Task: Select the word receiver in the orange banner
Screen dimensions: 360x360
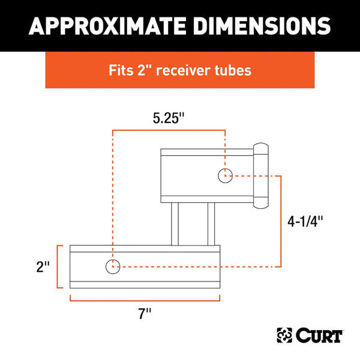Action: pyautogui.click(x=190, y=70)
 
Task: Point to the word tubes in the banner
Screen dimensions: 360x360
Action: pyautogui.click(x=235, y=70)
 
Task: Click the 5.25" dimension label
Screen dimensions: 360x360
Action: pyautogui.click(x=168, y=118)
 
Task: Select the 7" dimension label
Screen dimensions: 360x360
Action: pyautogui.click(x=144, y=313)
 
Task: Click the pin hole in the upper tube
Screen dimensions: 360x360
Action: pyautogui.click(x=224, y=176)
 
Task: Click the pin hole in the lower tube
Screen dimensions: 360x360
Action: pyautogui.click(x=112, y=267)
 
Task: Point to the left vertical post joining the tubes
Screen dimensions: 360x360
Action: pyautogui.click(x=175, y=223)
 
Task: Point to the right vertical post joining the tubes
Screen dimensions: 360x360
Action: pyautogui.click(x=211, y=223)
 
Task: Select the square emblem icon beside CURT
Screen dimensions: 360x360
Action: pyautogui.click(x=284, y=335)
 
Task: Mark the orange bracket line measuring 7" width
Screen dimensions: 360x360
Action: pyautogui.click(x=144, y=298)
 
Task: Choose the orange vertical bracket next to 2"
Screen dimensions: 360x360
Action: pyautogui.click(x=58, y=267)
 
